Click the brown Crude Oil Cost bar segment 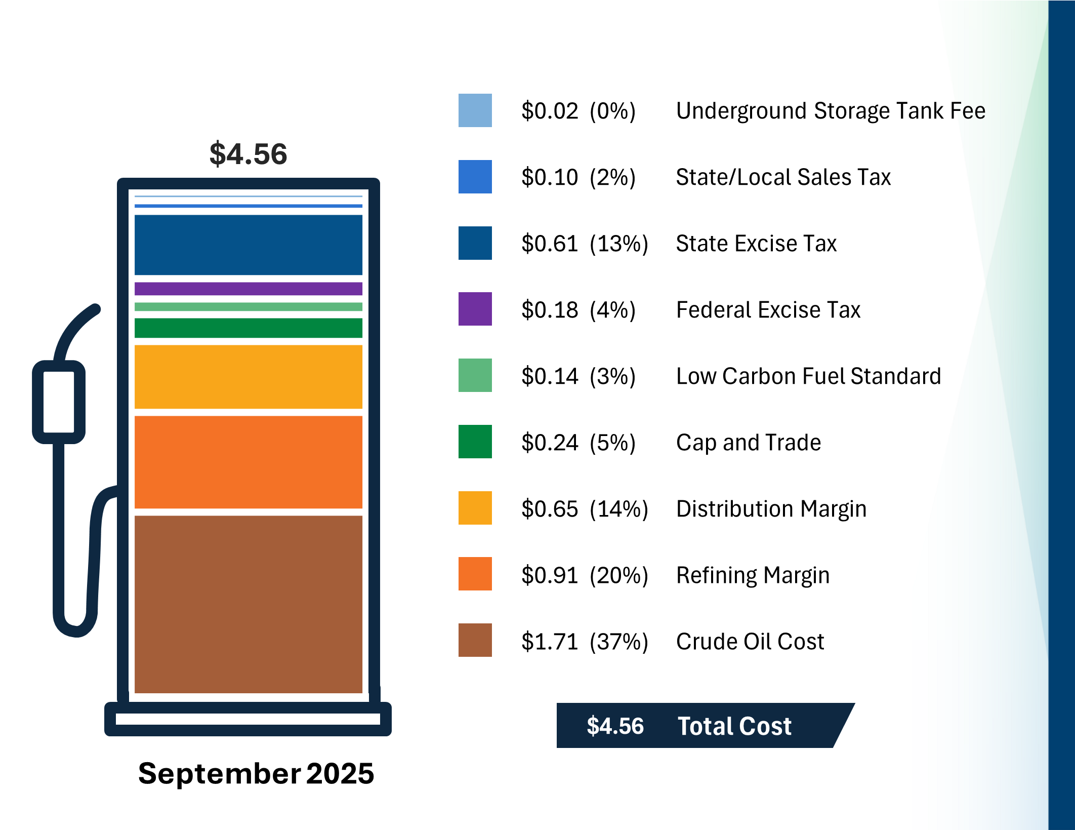pyautogui.click(x=248, y=604)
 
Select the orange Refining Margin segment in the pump pyautogui.click(x=248, y=462)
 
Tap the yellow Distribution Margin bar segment pyautogui.click(x=248, y=377)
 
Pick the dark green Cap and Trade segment pyautogui.click(x=248, y=328)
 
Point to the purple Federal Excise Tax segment pyautogui.click(x=248, y=289)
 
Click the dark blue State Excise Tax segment pyautogui.click(x=248, y=245)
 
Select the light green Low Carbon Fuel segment pyautogui.click(x=248, y=307)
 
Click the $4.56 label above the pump pyautogui.click(x=248, y=154)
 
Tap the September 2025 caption pyautogui.click(x=256, y=773)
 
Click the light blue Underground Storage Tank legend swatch pyautogui.click(x=475, y=110)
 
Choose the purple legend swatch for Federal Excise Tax pyautogui.click(x=475, y=309)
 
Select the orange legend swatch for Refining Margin pyautogui.click(x=475, y=574)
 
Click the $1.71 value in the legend pyautogui.click(x=550, y=642)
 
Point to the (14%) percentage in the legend pyautogui.click(x=618, y=509)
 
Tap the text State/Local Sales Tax pyautogui.click(x=783, y=177)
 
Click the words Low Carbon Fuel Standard pyautogui.click(x=808, y=376)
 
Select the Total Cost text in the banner pyautogui.click(x=734, y=726)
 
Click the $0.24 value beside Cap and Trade pyautogui.click(x=550, y=443)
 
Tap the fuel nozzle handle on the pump pyautogui.click(x=59, y=402)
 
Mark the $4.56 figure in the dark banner pyautogui.click(x=615, y=726)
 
